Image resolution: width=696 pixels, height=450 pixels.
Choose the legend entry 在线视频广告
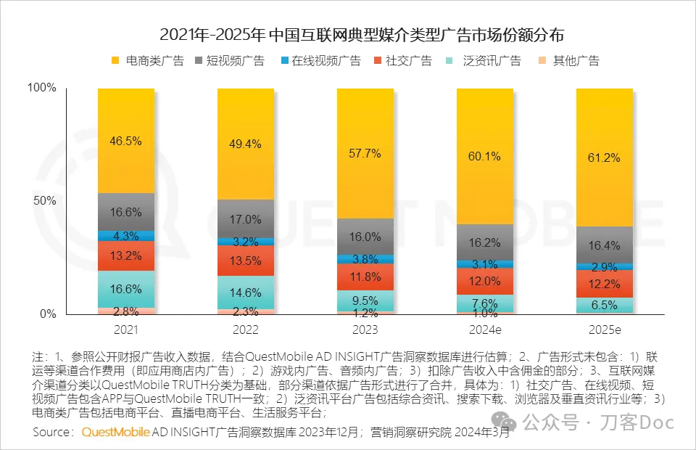tap(326, 60)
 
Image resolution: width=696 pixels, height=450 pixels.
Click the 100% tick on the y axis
tap(41, 88)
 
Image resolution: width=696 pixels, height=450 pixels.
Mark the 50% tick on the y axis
tap(44, 201)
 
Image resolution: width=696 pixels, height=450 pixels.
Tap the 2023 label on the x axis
tap(365, 330)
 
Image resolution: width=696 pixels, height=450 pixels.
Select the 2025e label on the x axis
tap(604, 330)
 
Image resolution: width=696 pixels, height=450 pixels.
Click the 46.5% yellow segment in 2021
tap(126, 141)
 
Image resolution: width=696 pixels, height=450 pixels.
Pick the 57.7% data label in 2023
tap(365, 154)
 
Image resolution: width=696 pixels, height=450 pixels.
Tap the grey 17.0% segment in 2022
tap(246, 218)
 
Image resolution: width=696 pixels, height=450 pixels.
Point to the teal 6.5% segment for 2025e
tap(605, 306)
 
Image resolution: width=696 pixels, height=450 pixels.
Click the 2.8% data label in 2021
tap(126, 312)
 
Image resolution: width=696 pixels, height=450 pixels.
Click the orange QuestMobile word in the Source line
tap(115, 433)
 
